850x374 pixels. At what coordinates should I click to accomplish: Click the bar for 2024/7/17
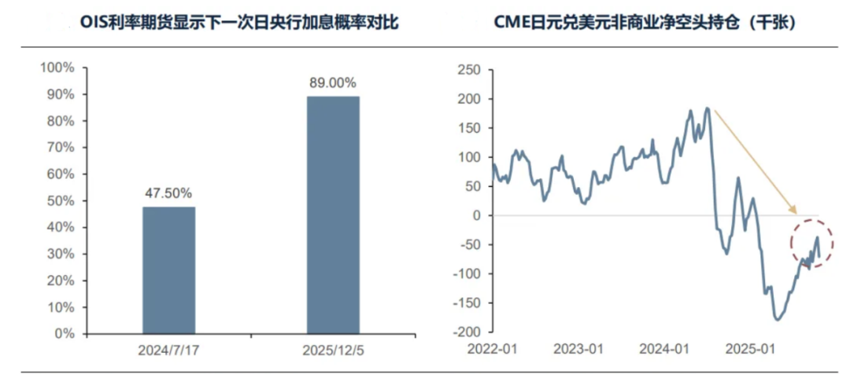click(168, 269)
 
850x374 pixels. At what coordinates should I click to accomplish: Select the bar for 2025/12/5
click(332, 214)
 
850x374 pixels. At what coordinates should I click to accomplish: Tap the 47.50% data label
click(168, 192)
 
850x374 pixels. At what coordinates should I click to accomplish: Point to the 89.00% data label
click(332, 82)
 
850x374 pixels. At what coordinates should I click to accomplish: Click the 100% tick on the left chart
click(57, 68)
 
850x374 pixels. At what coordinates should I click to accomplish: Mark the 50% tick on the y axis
click(61, 200)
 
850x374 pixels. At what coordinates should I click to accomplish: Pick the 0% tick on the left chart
click(64, 333)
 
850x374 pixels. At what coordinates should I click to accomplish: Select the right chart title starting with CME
click(645, 23)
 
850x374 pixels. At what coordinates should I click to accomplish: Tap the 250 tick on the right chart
click(469, 71)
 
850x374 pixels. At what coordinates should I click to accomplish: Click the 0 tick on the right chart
click(476, 215)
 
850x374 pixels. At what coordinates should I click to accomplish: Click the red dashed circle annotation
click(811, 244)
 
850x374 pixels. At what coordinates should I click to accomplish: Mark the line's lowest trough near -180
click(778, 319)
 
